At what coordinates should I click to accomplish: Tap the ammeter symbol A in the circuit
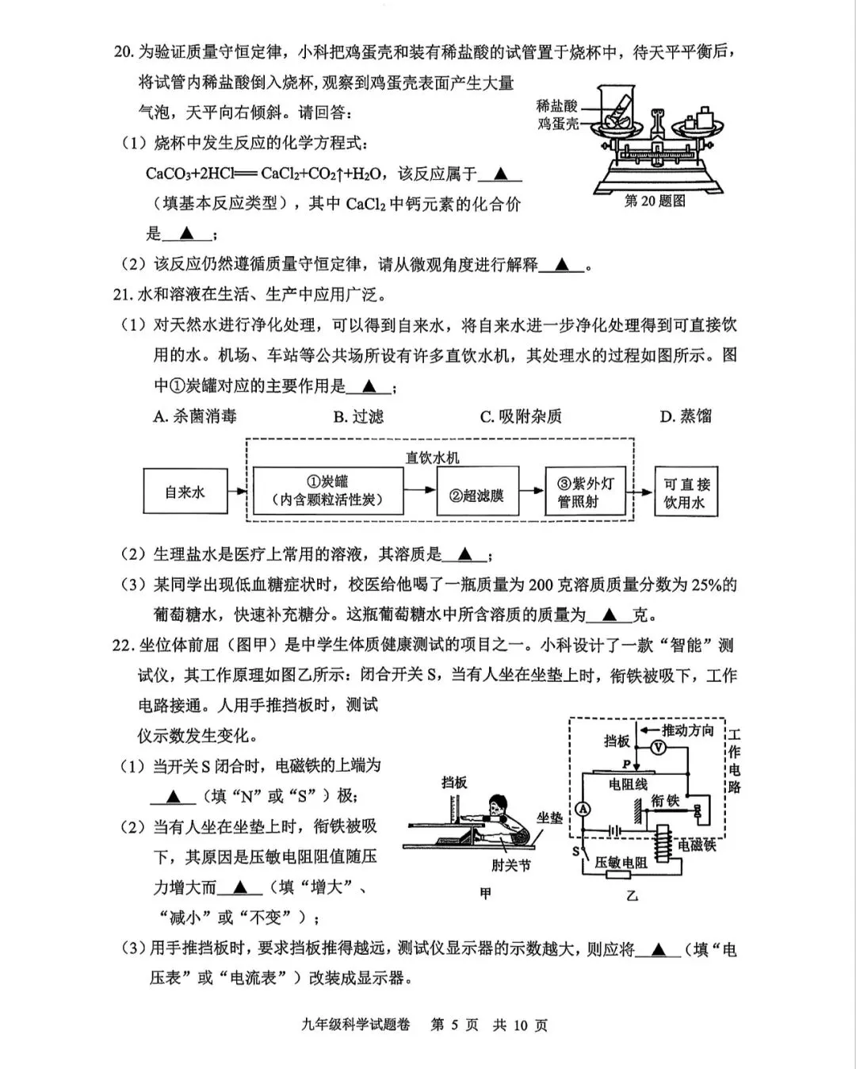pyautogui.click(x=583, y=809)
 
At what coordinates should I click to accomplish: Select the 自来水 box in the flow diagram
pyautogui.click(x=185, y=492)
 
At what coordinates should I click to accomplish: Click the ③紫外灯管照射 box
pyautogui.click(x=586, y=492)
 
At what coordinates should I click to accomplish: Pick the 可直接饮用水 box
pyautogui.click(x=686, y=492)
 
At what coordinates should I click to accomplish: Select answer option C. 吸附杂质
pyautogui.click(x=521, y=416)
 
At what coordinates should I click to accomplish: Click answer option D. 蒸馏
pyautogui.click(x=686, y=416)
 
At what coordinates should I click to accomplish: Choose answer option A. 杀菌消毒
pyautogui.click(x=194, y=416)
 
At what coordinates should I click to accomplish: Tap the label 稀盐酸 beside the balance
pyautogui.click(x=556, y=106)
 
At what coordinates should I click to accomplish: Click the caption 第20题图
pyautogui.click(x=655, y=201)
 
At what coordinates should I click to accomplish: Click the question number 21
pyautogui.click(x=121, y=295)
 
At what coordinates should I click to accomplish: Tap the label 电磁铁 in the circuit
pyautogui.click(x=697, y=845)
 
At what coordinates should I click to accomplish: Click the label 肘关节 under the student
pyautogui.click(x=510, y=865)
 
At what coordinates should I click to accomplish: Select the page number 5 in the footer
pyautogui.click(x=455, y=1025)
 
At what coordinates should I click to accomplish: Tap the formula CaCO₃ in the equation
pyautogui.click(x=169, y=174)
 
